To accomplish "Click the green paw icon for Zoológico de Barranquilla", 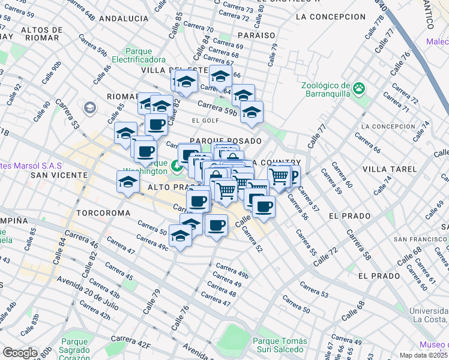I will pos(359,89).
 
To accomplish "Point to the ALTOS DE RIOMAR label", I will pos(40,33).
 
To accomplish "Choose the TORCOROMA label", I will pos(100,213).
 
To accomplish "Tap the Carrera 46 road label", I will pos(81,239).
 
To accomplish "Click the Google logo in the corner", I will pos(20,353).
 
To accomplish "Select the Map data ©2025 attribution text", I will pos(424,355).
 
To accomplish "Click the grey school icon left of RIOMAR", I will pos(90,108).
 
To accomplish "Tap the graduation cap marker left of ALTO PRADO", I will pos(128,182).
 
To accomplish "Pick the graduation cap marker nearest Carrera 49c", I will pos(180,235).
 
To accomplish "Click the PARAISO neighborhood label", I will pos(256,35).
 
